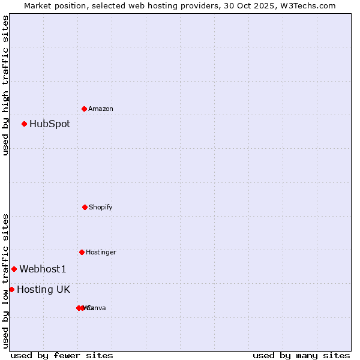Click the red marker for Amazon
[x=85, y=109]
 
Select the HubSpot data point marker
[x=25, y=124]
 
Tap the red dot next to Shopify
[x=85, y=207]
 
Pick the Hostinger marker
[x=82, y=252]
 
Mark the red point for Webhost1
[x=14, y=269]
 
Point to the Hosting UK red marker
[x=11, y=289]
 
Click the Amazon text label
[x=101, y=109]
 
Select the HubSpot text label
[x=50, y=124]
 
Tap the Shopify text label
[x=101, y=207]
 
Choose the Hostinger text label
[x=101, y=252]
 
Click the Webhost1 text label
[x=43, y=269]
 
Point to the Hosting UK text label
[x=43, y=289]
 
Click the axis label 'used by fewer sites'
[x=62, y=355]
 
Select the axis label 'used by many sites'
[x=301, y=355]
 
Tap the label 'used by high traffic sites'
[x=5, y=85]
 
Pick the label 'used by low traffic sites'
[x=5, y=281]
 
